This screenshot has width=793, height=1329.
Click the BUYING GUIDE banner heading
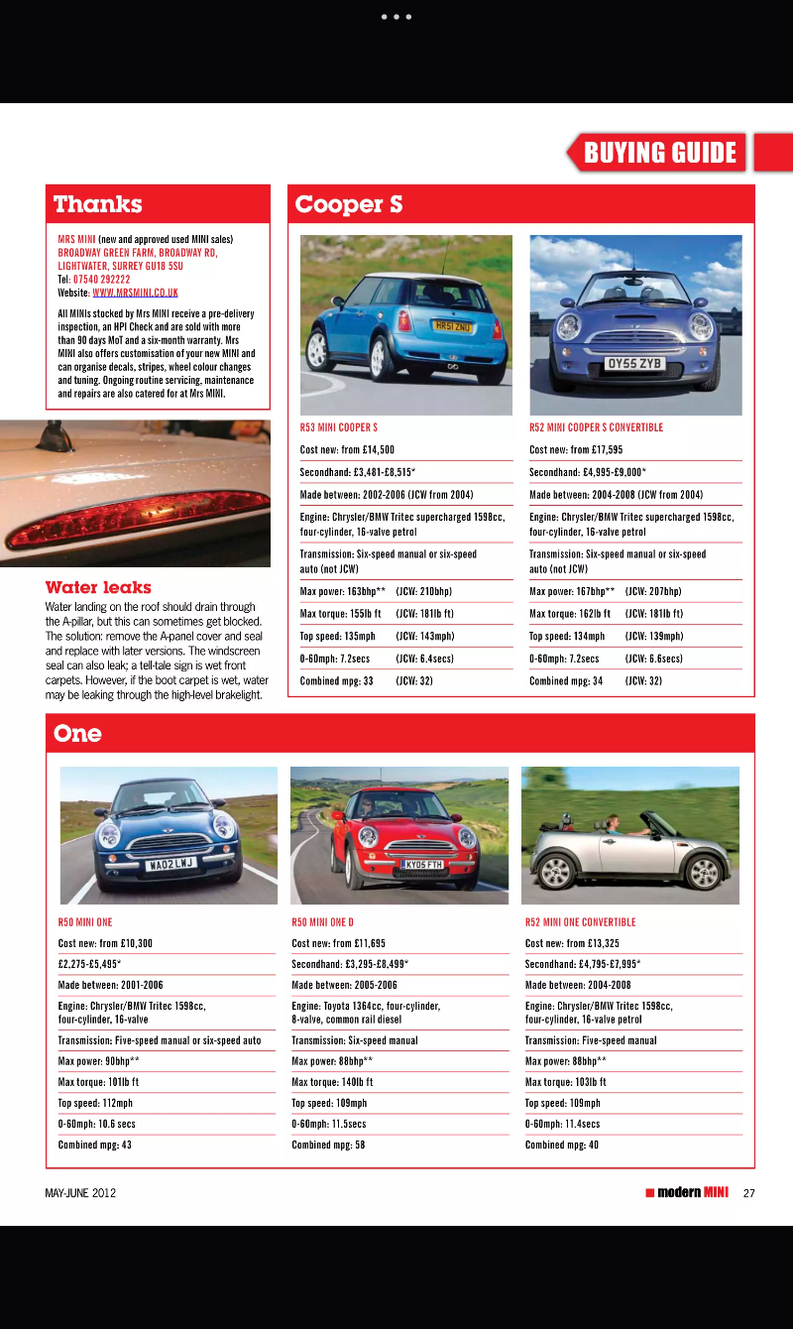tap(660, 153)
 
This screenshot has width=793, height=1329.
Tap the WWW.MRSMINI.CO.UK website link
tap(135, 293)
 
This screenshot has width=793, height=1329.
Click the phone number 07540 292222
tap(101, 280)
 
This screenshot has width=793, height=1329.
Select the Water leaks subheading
tap(98, 587)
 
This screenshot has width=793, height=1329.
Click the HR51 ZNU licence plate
tap(455, 325)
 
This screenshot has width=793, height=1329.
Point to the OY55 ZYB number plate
tap(634, 364)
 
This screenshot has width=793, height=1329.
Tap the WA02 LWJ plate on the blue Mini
tap(170, 865)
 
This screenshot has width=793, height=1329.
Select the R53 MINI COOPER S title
tap(338, 427)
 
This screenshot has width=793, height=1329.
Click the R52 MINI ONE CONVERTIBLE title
tap(580, 921)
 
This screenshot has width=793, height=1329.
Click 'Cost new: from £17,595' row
tap(576, 449)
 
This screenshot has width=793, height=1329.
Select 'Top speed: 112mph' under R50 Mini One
tap(95, 1103)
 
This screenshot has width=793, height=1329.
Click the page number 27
tap(748, 1193)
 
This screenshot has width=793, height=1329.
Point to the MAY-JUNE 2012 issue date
tap(80, 1193)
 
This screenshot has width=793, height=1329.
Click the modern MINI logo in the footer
tap(687, 1192)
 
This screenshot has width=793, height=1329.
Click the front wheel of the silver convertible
tap(703, 872)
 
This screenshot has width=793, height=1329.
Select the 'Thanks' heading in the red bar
tap(98, 204)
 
